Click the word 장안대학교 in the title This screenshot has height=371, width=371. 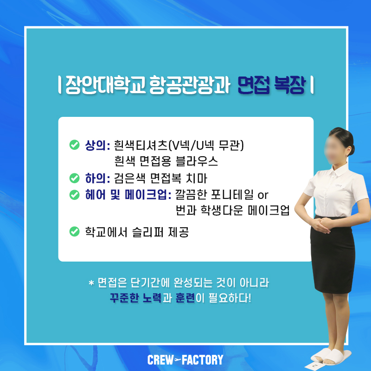click(106, 85)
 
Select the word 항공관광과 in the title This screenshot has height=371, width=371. click(190, 85)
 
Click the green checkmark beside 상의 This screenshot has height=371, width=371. click(74, 145)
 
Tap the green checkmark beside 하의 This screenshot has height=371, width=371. click(74, 178)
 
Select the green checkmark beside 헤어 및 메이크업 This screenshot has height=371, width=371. click(74, 195)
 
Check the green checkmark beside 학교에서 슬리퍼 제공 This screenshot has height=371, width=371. click(74, 231)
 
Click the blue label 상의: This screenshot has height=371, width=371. click(97, 145)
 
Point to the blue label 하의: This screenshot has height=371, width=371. click(97, 178)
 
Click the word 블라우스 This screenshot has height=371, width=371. click(197, 161)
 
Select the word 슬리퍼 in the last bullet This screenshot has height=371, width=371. click(147, 232)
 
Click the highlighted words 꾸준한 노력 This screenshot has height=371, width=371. click(135, 298)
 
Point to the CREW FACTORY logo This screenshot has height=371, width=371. click(185, 360)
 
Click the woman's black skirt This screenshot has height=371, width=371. click(333, 254)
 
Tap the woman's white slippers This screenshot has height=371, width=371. click(331, 356)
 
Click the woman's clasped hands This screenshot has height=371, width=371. click(321, 225)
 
